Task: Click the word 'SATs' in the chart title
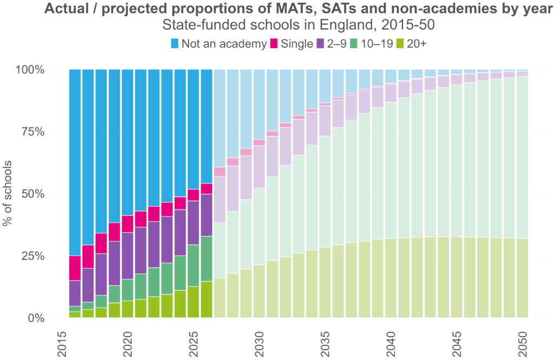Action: click(x=329, y=9)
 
